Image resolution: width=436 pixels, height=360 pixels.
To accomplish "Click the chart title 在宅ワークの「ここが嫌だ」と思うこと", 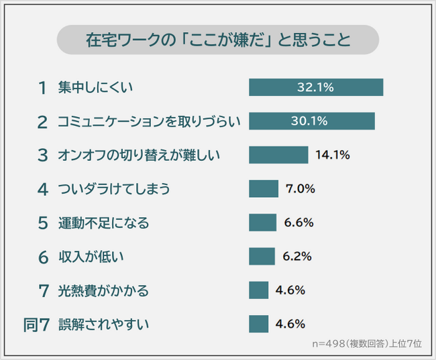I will (218, 40).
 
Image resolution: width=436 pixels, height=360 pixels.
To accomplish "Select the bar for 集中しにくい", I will (315, 87).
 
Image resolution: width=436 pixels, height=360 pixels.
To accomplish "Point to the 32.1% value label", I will (315, 87).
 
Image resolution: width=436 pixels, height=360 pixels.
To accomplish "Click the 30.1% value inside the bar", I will (309, 121).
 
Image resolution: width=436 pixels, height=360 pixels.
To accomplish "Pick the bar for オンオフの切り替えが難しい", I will (278, 155).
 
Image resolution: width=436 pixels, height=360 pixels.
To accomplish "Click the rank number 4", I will (44, 189).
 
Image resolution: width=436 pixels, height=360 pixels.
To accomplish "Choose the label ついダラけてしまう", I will (113, 189).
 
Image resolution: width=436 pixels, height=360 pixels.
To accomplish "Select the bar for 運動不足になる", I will (262, 223).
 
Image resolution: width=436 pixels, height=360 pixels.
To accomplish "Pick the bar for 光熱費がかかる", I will (258, 290).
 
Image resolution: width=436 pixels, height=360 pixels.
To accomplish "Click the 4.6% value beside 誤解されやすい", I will (290, 324).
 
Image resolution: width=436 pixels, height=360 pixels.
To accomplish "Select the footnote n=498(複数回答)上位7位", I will (367, 343).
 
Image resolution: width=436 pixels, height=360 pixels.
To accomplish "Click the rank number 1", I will (44, 87).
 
